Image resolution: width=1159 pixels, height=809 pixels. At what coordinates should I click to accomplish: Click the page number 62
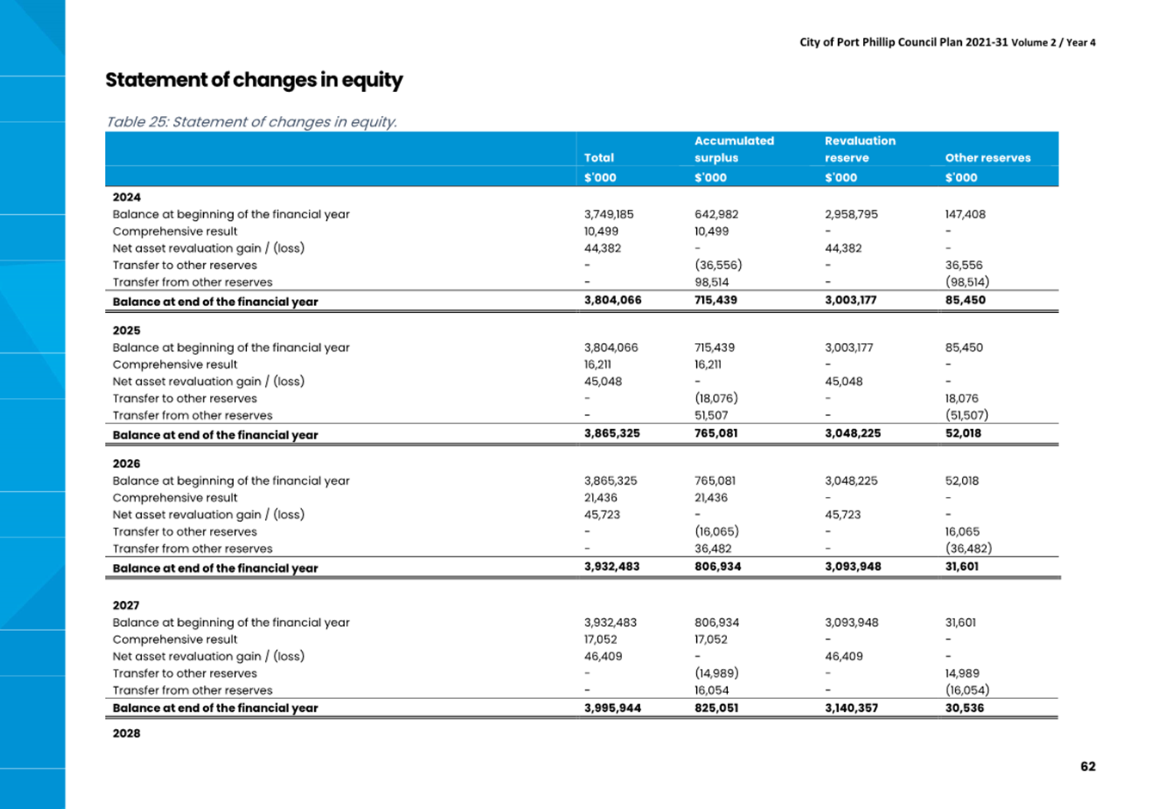1088,766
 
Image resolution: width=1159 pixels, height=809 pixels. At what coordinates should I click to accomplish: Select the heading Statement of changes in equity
254,80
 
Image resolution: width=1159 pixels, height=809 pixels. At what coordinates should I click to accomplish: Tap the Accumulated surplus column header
734,149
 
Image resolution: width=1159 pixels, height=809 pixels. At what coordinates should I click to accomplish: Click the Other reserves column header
988,157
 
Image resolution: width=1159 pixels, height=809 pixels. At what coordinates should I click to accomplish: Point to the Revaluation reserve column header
860,149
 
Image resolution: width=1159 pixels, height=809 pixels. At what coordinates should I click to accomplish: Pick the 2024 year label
126,197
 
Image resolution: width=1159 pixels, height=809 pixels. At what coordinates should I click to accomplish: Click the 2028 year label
126,733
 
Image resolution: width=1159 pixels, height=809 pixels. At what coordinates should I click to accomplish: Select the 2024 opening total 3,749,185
609,214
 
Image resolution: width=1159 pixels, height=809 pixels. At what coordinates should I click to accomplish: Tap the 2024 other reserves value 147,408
965,214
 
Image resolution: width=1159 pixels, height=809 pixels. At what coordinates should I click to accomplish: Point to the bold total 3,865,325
612,433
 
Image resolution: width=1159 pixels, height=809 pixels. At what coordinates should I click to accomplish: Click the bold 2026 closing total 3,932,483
612,567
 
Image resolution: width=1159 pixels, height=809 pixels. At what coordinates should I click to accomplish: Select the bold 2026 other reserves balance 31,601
962,567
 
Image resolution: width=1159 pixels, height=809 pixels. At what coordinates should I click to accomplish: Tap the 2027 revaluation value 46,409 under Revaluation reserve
844,656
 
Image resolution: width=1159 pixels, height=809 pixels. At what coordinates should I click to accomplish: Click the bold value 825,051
717,708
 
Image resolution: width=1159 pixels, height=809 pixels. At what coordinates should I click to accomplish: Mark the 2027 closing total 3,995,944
613,708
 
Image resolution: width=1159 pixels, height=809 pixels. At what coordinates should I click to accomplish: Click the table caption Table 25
137,122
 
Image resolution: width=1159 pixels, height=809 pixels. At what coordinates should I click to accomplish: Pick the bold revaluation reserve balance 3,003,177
851,300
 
